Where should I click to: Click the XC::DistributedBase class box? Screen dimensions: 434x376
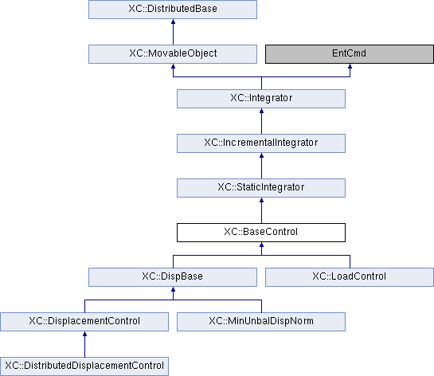[x=173, y=10]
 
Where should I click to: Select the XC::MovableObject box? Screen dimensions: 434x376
[x=173, y=54]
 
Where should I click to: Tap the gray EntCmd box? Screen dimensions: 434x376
[x=350, y=54]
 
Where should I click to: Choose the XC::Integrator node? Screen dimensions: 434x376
[x=261, y=99]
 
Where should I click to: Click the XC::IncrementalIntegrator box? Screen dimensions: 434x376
[x=261, y=143]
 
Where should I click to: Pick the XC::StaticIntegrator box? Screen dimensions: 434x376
[x=261, y=188]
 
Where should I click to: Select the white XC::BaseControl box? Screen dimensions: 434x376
[x=261, y=233]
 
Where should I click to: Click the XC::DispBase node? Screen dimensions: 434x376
[x=173, y=277]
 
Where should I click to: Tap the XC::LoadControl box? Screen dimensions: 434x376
[x=350, y=277]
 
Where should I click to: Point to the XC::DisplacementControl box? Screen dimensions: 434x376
[x=84, y=322]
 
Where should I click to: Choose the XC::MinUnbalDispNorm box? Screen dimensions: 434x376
[x=261, y=322]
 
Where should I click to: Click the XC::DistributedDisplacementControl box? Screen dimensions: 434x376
[x=84, y=366]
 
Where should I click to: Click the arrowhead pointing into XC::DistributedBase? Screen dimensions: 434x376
[x=174, y=22]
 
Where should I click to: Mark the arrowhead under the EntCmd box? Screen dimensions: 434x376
[x=350, y=66]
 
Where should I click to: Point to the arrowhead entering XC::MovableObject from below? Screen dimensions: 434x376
[x=174, y=66]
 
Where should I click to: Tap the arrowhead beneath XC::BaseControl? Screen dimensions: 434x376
[x=261, y=245]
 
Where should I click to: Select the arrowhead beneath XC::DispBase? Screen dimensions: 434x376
[x=174, y=289]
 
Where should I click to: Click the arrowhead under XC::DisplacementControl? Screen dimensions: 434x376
[x=84, y=334]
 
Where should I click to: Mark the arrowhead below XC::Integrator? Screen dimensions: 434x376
[x=261, y=111]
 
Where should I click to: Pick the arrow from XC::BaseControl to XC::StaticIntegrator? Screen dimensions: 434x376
[x=261, y=210]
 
